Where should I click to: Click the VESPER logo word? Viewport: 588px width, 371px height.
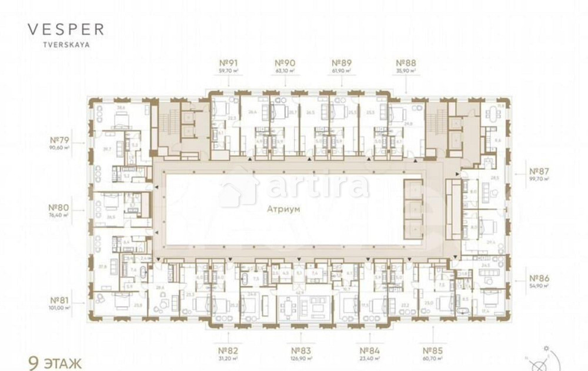[x=65, y=29]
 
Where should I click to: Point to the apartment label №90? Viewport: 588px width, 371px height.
[x=285, y=63]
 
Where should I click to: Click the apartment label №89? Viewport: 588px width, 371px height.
[x=342, y=63]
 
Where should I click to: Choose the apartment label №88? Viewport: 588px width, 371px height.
[x=406, y=63]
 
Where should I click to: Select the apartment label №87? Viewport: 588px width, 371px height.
[x=539, y=172]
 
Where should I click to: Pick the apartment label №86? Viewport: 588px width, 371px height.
[x=539, y=278]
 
